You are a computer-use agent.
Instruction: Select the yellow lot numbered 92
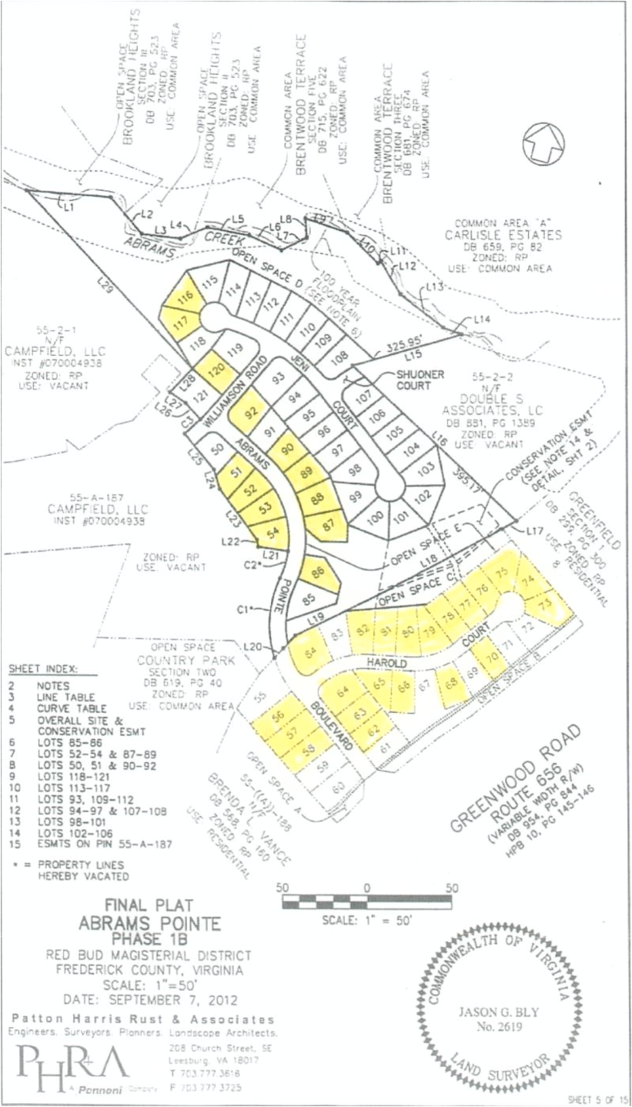[250, 409]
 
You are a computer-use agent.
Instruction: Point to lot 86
[318, 573]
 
